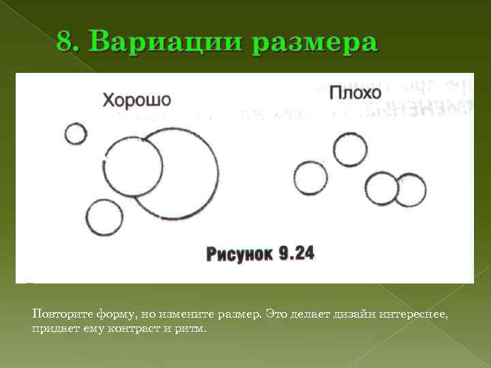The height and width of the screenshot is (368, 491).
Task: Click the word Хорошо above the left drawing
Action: click(136, 100)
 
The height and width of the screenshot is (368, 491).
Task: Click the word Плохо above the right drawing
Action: click(355, 93)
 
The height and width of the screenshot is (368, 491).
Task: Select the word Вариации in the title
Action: click(164, 42)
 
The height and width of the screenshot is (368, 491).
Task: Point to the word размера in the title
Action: click(314, 43)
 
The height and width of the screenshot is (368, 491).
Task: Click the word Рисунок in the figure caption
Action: click(240, 254)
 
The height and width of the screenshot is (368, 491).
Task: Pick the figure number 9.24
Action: click(297, 254)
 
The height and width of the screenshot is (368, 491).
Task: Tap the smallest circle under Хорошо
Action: click(76, 134)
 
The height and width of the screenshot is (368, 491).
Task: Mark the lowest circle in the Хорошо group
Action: click(105, 218)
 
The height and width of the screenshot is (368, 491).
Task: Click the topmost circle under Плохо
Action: click(351, 149)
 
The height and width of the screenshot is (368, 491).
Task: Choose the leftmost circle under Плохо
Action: click(310, 178)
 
